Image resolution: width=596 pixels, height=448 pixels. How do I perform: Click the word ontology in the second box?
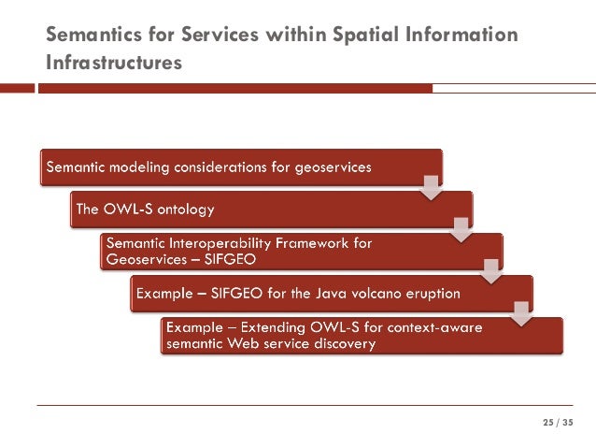pyautogui.click(x=192, y=210)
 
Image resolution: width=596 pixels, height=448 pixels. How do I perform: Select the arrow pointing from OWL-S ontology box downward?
pyautogui.click(x=461, y=227)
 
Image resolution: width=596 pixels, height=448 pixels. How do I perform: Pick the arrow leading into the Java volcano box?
pyautogui.click(x=491, y=269)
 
